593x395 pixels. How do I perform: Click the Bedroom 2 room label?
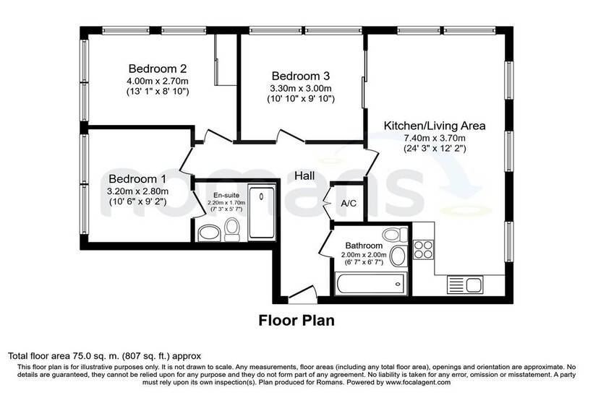tap(158, 69)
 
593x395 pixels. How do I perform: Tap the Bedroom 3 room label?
tap(301, 76)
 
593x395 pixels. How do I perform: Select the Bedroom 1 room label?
tap(137, 178)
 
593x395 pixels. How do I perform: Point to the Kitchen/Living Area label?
tap(435, 126)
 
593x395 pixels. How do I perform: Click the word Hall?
tap(304, 175)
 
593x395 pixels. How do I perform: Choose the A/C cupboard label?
tap(349, 204)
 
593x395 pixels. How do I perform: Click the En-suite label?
tap(226, 195)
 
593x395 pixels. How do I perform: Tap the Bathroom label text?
tap(364, 246)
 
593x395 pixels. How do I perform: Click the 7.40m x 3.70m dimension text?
tap(435, 138)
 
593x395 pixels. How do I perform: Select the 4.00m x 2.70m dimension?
tap(158, 81)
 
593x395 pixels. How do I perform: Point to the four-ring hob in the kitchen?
tap(423, 250)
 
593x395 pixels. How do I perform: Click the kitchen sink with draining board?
tap(465, 285)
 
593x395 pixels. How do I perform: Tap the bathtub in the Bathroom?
tap(370, 284)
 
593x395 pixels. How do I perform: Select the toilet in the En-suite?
tap(231, 230)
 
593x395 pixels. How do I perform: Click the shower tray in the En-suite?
tap(261, 212)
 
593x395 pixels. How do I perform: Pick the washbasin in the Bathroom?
tap(398, 256)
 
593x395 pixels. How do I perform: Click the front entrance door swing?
tap(302, 292)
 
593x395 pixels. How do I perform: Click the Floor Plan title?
tap(296, 321)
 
